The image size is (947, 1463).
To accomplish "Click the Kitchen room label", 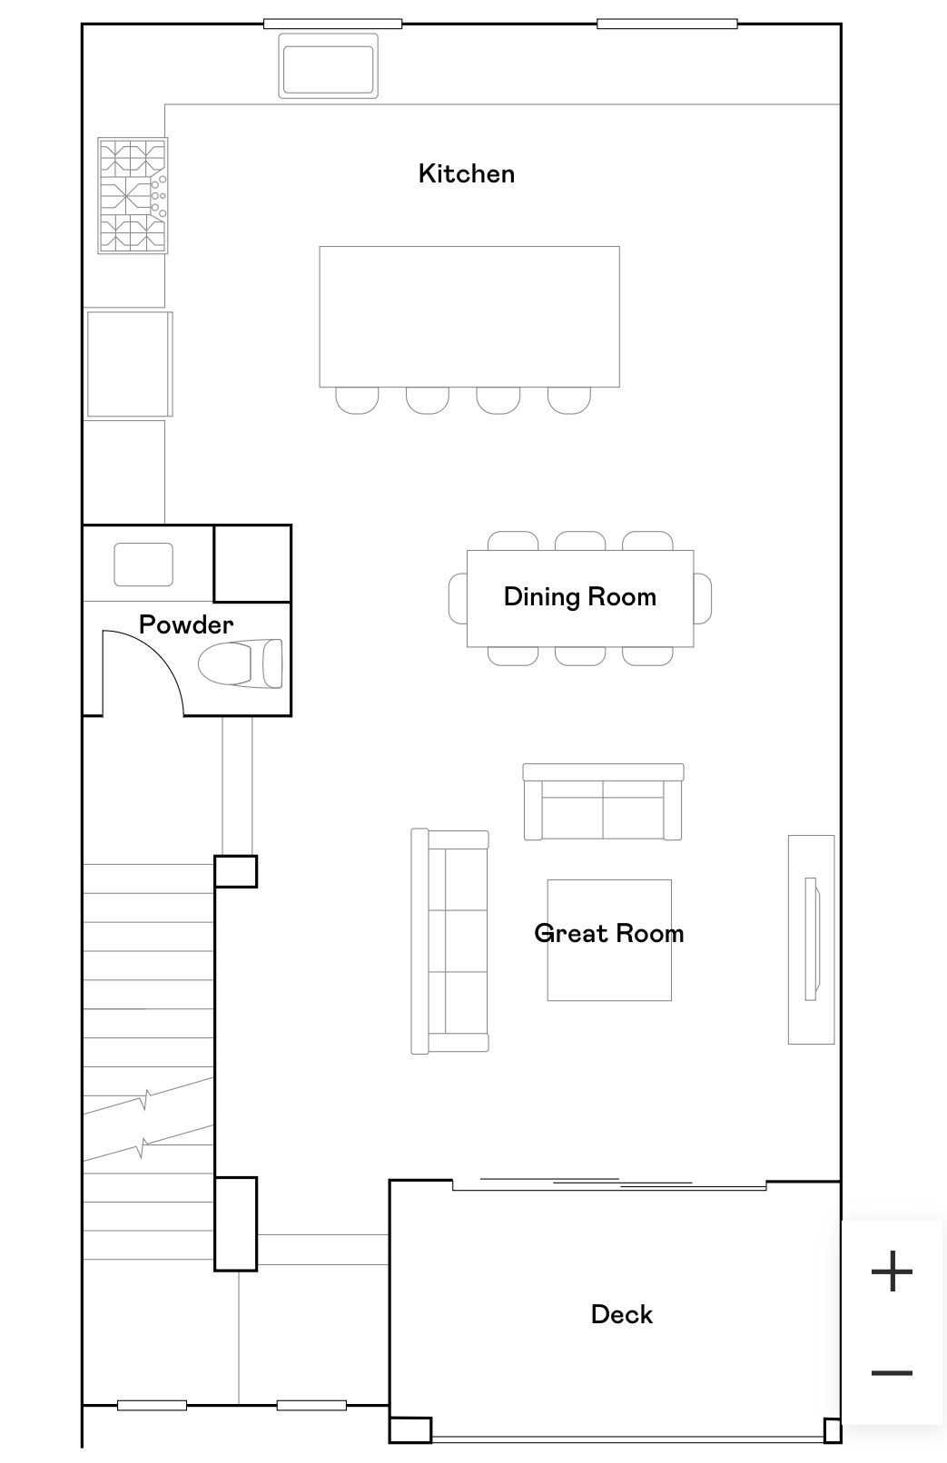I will point(466,173).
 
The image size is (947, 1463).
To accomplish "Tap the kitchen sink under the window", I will point(328,66).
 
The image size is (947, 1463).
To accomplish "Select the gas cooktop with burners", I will point(133,195).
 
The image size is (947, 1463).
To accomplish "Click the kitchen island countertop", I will point(469,316).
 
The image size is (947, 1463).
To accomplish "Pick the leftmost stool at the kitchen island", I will point(357,399).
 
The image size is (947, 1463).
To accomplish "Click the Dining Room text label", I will point(579,596).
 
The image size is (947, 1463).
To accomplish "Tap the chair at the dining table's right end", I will point(703,598).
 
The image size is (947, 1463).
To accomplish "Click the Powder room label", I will point(186,624).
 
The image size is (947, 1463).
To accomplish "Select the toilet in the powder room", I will point(241,663).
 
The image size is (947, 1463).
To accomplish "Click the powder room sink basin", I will point(143,564).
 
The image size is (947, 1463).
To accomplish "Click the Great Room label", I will point(608,933).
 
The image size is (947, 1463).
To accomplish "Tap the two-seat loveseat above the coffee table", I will point(603,802).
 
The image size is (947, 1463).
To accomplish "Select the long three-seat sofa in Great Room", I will point(450,941).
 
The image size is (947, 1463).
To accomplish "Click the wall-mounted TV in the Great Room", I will point(812,938).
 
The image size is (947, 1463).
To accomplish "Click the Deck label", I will point(621,1314).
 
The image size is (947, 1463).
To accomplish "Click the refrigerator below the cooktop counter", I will point(129,364).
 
